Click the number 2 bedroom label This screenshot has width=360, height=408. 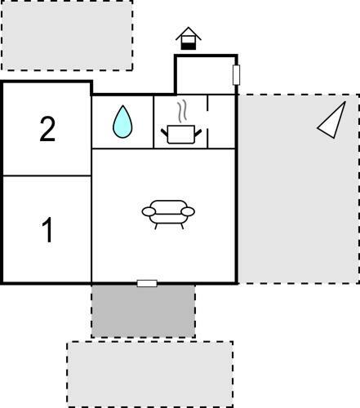click(x=47, y=129)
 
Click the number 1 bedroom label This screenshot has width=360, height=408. click(x=47, y=230)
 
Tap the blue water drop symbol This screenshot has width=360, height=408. click(x=122, y=122)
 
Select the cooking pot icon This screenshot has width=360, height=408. click(x=181, y=134)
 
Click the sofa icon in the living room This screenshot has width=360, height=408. click(x=168, y=215)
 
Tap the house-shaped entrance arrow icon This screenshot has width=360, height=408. click(x=189, y=38)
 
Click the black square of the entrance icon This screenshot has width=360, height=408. click(x=189, y=47)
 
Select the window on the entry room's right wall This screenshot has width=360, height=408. click(x=237, y=75)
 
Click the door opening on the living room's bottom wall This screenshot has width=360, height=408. click(x=147, y=283)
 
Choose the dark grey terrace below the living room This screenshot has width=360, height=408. click(x=144, y=311)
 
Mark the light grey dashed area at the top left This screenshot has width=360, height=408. click(x=67, y=35)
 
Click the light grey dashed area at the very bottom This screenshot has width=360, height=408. click(x=150, y=374)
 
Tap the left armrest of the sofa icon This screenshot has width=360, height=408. click(x=149, y=211)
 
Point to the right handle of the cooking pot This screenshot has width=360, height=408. click(x=198, y=133)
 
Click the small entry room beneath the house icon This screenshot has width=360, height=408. click(x=205, y=75)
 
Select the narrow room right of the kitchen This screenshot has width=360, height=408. click(x=221, y=122)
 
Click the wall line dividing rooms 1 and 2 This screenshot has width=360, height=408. click(x=47, y=176)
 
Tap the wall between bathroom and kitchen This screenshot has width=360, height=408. click(x=153, y=122)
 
